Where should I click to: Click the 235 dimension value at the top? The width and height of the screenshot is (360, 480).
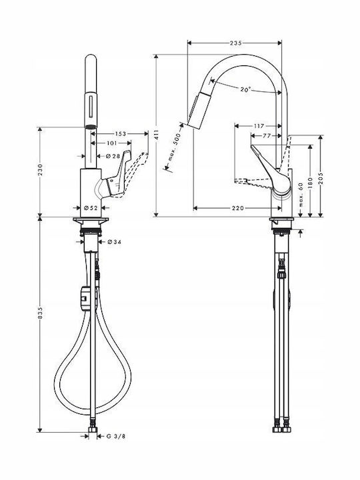[x=235, y=43]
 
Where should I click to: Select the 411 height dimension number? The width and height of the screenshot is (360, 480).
[x=157, y=135]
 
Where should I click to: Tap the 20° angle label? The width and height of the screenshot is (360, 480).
[x=245, y=90]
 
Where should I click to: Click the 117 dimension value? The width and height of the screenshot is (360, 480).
[x=259, y=126]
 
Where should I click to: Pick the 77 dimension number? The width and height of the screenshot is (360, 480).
[x=267, y=135]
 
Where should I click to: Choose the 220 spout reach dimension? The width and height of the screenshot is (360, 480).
[x=237, y=208]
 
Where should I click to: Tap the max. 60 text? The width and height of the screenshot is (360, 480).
[x=301, y=195]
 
